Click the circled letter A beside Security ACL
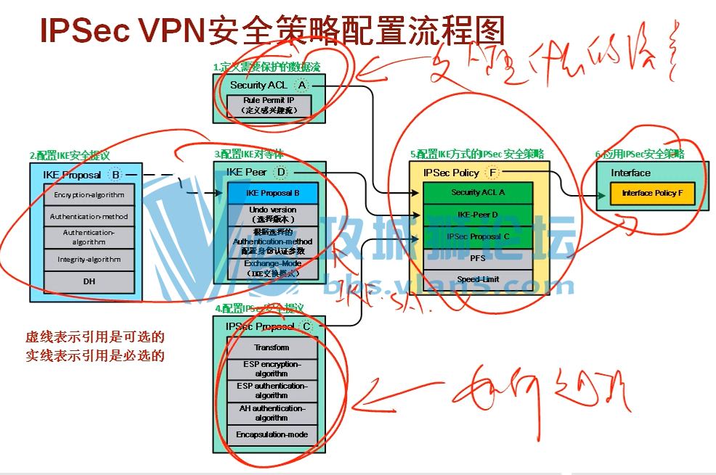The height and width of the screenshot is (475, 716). pos(302,85)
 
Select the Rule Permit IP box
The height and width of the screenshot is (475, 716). pos(268,105)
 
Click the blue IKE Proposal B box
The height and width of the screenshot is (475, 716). pos(272,193)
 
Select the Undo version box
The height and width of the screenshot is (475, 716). pos(272,214)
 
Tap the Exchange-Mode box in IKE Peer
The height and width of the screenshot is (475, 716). pos(272,268)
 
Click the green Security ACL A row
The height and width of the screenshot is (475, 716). pos(478,193)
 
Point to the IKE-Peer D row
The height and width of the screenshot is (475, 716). pos(478,215)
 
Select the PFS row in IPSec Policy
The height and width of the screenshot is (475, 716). pos(478,258)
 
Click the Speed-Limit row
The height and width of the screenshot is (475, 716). pos(478,279)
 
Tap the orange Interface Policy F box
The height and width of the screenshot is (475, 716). pos(652,194)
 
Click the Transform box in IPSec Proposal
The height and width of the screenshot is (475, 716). pos(272,347)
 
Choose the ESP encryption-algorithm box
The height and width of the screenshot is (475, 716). pos(272,368)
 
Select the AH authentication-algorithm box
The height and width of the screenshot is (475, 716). pos(272,413)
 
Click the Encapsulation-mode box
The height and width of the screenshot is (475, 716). pos(272,434)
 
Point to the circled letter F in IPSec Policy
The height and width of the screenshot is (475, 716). pos(493,173)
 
